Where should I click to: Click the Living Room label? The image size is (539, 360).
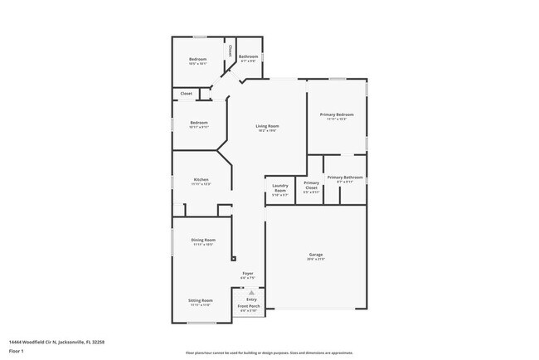[266, 126]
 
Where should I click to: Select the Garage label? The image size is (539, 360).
[315, 256]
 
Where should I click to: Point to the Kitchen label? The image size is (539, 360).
[201, 180]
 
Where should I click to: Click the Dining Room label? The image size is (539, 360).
[203, 240]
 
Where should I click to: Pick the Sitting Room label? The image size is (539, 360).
[201, 300]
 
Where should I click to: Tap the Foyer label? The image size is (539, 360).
[248, 273]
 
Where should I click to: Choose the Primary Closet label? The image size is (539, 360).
[312, 185]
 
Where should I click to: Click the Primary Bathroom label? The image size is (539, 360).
[345, 177]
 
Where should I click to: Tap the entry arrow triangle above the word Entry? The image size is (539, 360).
[251, 293]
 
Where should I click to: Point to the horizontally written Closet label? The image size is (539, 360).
[187, 94]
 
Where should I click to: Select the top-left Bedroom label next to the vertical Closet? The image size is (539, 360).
[197, 59]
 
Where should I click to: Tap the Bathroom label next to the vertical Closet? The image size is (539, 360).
[250, 56]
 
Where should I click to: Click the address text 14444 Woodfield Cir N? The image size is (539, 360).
[56, 341]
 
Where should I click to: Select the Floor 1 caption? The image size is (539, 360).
[17, 351]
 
